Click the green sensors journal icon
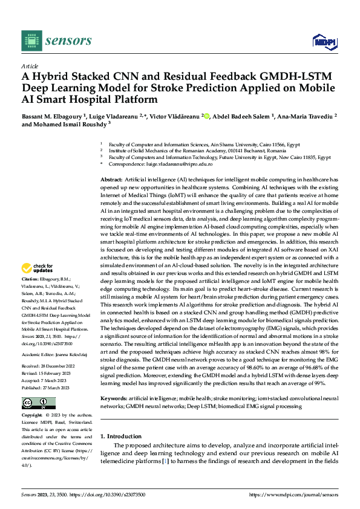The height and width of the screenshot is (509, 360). point(31,41)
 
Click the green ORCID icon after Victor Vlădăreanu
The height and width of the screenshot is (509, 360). point(206,115)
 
